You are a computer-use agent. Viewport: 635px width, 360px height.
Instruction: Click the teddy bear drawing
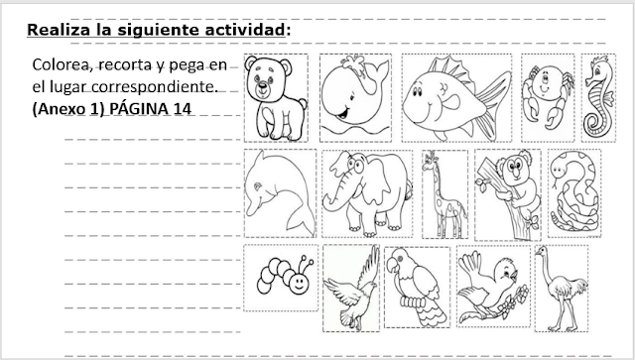[274, 98]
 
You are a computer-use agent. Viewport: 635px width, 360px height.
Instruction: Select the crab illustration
[548, 96]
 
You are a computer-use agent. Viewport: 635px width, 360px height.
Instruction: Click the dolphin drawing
[280, 193]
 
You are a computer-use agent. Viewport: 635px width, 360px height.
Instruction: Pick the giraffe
[444, 194]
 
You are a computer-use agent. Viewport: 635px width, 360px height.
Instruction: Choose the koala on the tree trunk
[509, 194]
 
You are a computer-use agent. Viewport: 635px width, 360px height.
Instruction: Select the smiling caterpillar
[285, 276]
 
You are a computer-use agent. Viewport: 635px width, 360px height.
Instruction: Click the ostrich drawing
[562, 289]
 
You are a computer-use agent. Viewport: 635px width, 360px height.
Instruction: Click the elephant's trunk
[337, 193]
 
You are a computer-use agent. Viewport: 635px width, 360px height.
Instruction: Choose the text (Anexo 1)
[68, 109]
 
